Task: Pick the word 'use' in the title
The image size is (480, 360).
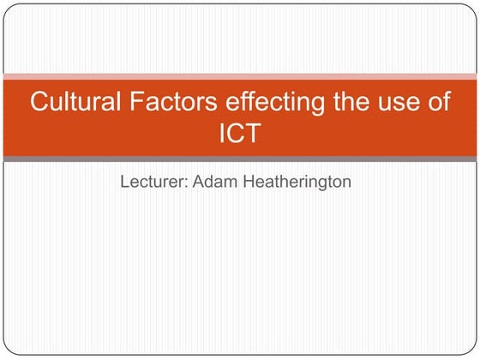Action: tap(403, 103)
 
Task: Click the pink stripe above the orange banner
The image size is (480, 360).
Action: tap(240, 77)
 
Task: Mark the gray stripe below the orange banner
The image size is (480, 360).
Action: tap(240, 159)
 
